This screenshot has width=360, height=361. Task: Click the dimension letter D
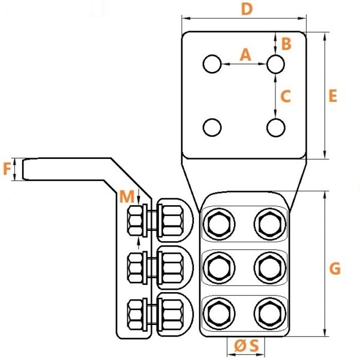point(247,10)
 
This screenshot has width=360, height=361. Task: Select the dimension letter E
point(333,96)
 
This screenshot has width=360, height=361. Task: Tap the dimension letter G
point(335,269)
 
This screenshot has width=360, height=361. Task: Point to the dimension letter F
point(7,169)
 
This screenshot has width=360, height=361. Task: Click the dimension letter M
point(127,196)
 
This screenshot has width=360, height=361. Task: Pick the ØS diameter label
point(247,346)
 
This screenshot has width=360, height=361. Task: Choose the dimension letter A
point(245,55)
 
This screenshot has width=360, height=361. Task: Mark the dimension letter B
point(286,44)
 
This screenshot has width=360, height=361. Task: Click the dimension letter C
point(286,96)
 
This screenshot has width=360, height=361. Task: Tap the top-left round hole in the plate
point(212,64)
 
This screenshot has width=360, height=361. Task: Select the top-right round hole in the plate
point(276,64)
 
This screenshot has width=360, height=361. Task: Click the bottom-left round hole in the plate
point(212,127)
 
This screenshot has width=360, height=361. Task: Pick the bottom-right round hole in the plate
point(276,128)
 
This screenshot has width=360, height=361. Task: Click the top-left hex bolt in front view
point(219,224)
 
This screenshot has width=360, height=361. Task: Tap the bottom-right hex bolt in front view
point(270,314)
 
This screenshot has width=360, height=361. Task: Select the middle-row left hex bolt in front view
point(219,268)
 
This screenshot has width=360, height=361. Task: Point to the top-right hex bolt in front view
point(270,224)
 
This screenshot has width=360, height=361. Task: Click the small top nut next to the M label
point(135,221)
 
